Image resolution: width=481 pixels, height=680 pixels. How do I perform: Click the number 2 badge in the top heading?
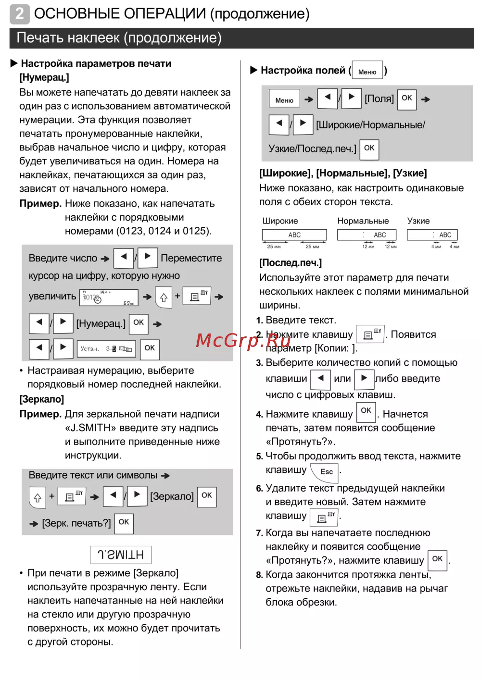pyautogui.click(x=19, y=14)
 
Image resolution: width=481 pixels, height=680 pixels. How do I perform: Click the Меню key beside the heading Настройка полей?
pyautogui.click(x=367, y=70)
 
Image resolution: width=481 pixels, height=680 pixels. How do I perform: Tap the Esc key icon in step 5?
pyautogui.click(x=326, y=471)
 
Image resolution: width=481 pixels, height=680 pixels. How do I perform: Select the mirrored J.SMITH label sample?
pyautogui.click(x=121, y=555)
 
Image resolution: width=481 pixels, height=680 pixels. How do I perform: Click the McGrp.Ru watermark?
pyautogui.click(x=243, y=340)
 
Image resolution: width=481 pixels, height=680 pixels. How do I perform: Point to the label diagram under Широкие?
pyautogui.click(x=294, y=235)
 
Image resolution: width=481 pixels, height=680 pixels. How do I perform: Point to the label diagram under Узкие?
pyautogui.click(x=432, y=235)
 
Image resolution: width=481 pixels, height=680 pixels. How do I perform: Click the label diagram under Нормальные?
pyautogui.click(x=367, y=235)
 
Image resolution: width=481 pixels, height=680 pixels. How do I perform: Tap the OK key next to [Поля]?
pyautogui.click(x=407, y=98)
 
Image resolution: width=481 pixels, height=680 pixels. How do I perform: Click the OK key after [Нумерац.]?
pyautogui.click(x=139, y=322)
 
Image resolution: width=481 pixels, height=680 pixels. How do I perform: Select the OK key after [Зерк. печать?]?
pyautogui.click(x=124, y=522)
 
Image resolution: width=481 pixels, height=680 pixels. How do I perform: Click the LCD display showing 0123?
pyautogui.click(x=109, y=297)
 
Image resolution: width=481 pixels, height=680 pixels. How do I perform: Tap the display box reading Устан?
pyautogui.click(x=106, y=349)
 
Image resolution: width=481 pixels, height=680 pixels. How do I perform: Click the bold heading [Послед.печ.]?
pyautogui.click(x=291, y=263)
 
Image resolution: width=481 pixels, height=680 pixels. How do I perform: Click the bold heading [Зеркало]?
pyautogui.click(x=42, y=399)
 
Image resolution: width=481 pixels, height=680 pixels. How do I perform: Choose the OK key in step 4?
pyautogui.click(x=366, y=411)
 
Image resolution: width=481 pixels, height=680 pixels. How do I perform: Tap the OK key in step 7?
pyautogui.click(x=437, y=559)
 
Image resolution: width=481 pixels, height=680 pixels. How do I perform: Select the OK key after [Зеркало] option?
pyautogui.click(x=207, y=495)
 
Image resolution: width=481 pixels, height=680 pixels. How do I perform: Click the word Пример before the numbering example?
pyautogui.click(x=40, y=204)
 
